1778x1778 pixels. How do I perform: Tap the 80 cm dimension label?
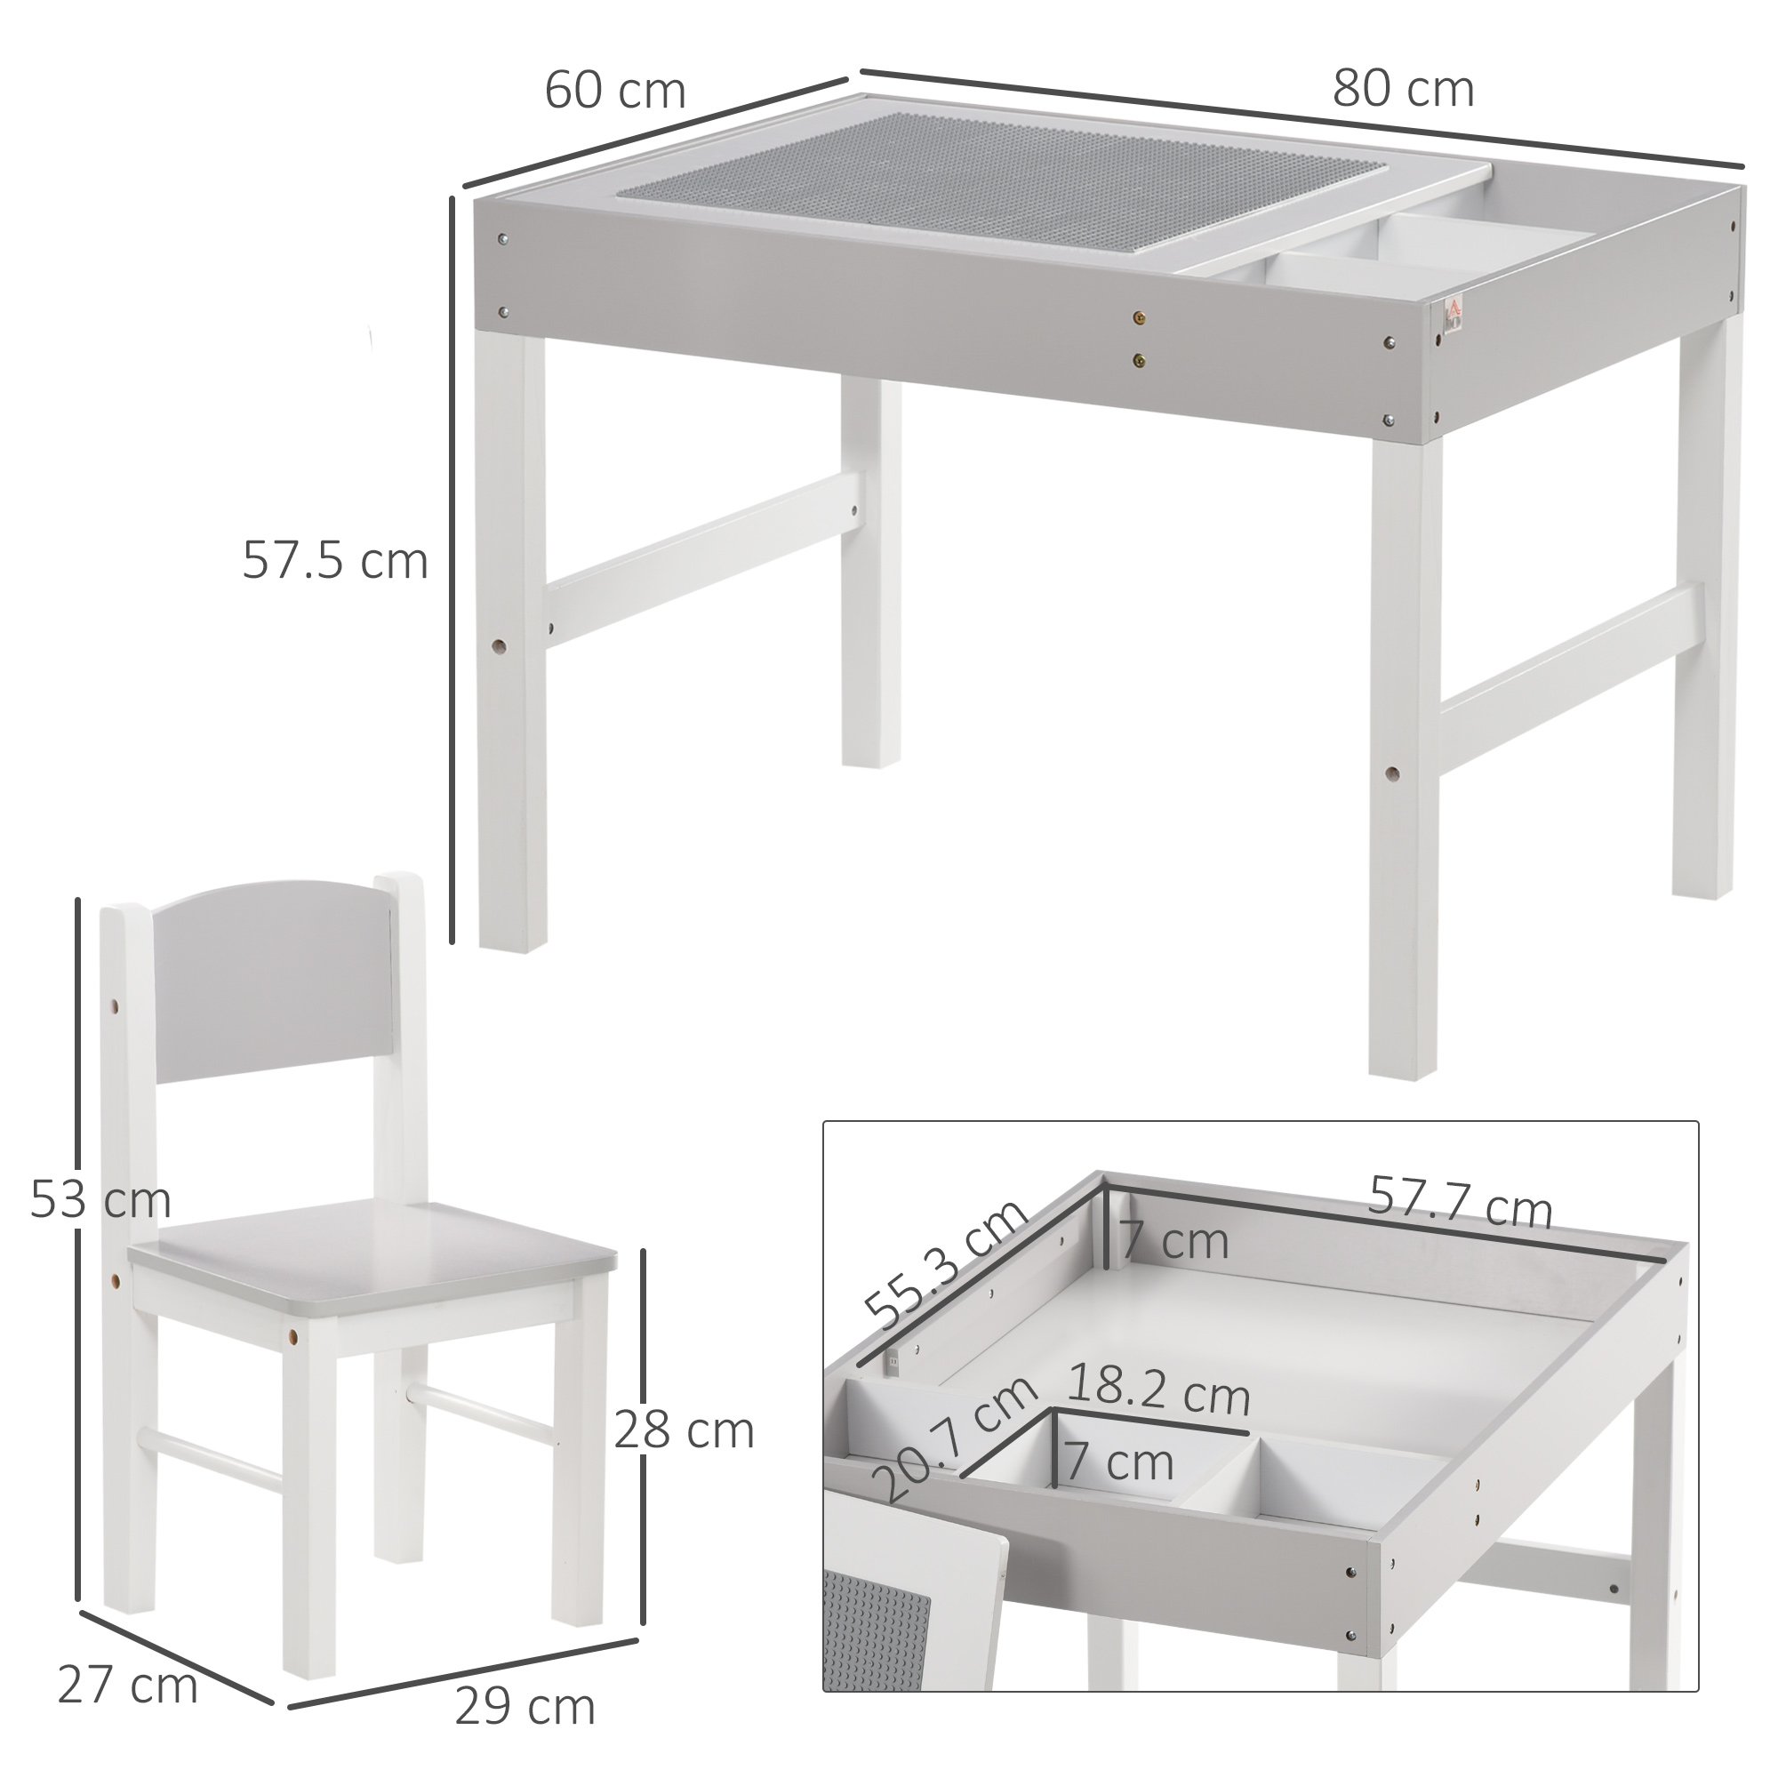pyautogui.click(x=1403, y=90)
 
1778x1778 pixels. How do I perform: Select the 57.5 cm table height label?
pyautogui.click(x=335, y=561)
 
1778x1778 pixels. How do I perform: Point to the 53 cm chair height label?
pyautogui.click(x=100, y=1200)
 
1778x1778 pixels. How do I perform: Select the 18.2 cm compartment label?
pyautogui.click(x=1159, y=1394)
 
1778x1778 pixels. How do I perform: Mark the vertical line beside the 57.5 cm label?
pyautogui.click(x=453, y=571)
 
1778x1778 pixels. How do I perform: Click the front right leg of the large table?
pyautogui.click(x=1404, y=755)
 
